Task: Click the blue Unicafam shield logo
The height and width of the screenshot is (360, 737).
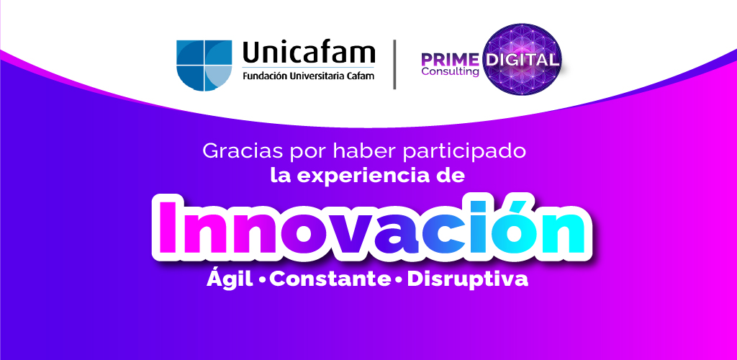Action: (x=204, y=66)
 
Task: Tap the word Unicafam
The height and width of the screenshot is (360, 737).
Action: (x=309, y=53)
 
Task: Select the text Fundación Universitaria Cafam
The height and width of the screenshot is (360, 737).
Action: (x=308, y=76)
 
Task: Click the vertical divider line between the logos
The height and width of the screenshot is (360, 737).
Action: (x=394, y=64)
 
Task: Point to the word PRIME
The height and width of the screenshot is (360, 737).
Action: (x=450, y=60)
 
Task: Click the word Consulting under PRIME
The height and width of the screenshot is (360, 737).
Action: (x=451, y=72)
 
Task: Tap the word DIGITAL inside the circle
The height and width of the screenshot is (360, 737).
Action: (x=523, y=60)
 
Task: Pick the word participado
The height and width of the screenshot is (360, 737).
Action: (x=461, y=152)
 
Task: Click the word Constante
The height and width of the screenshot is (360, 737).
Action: (x=330, y=279)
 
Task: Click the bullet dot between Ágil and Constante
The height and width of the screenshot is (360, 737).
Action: (x=262, y=281)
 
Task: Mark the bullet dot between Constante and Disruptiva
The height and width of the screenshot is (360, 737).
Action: (x=399, y=281)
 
